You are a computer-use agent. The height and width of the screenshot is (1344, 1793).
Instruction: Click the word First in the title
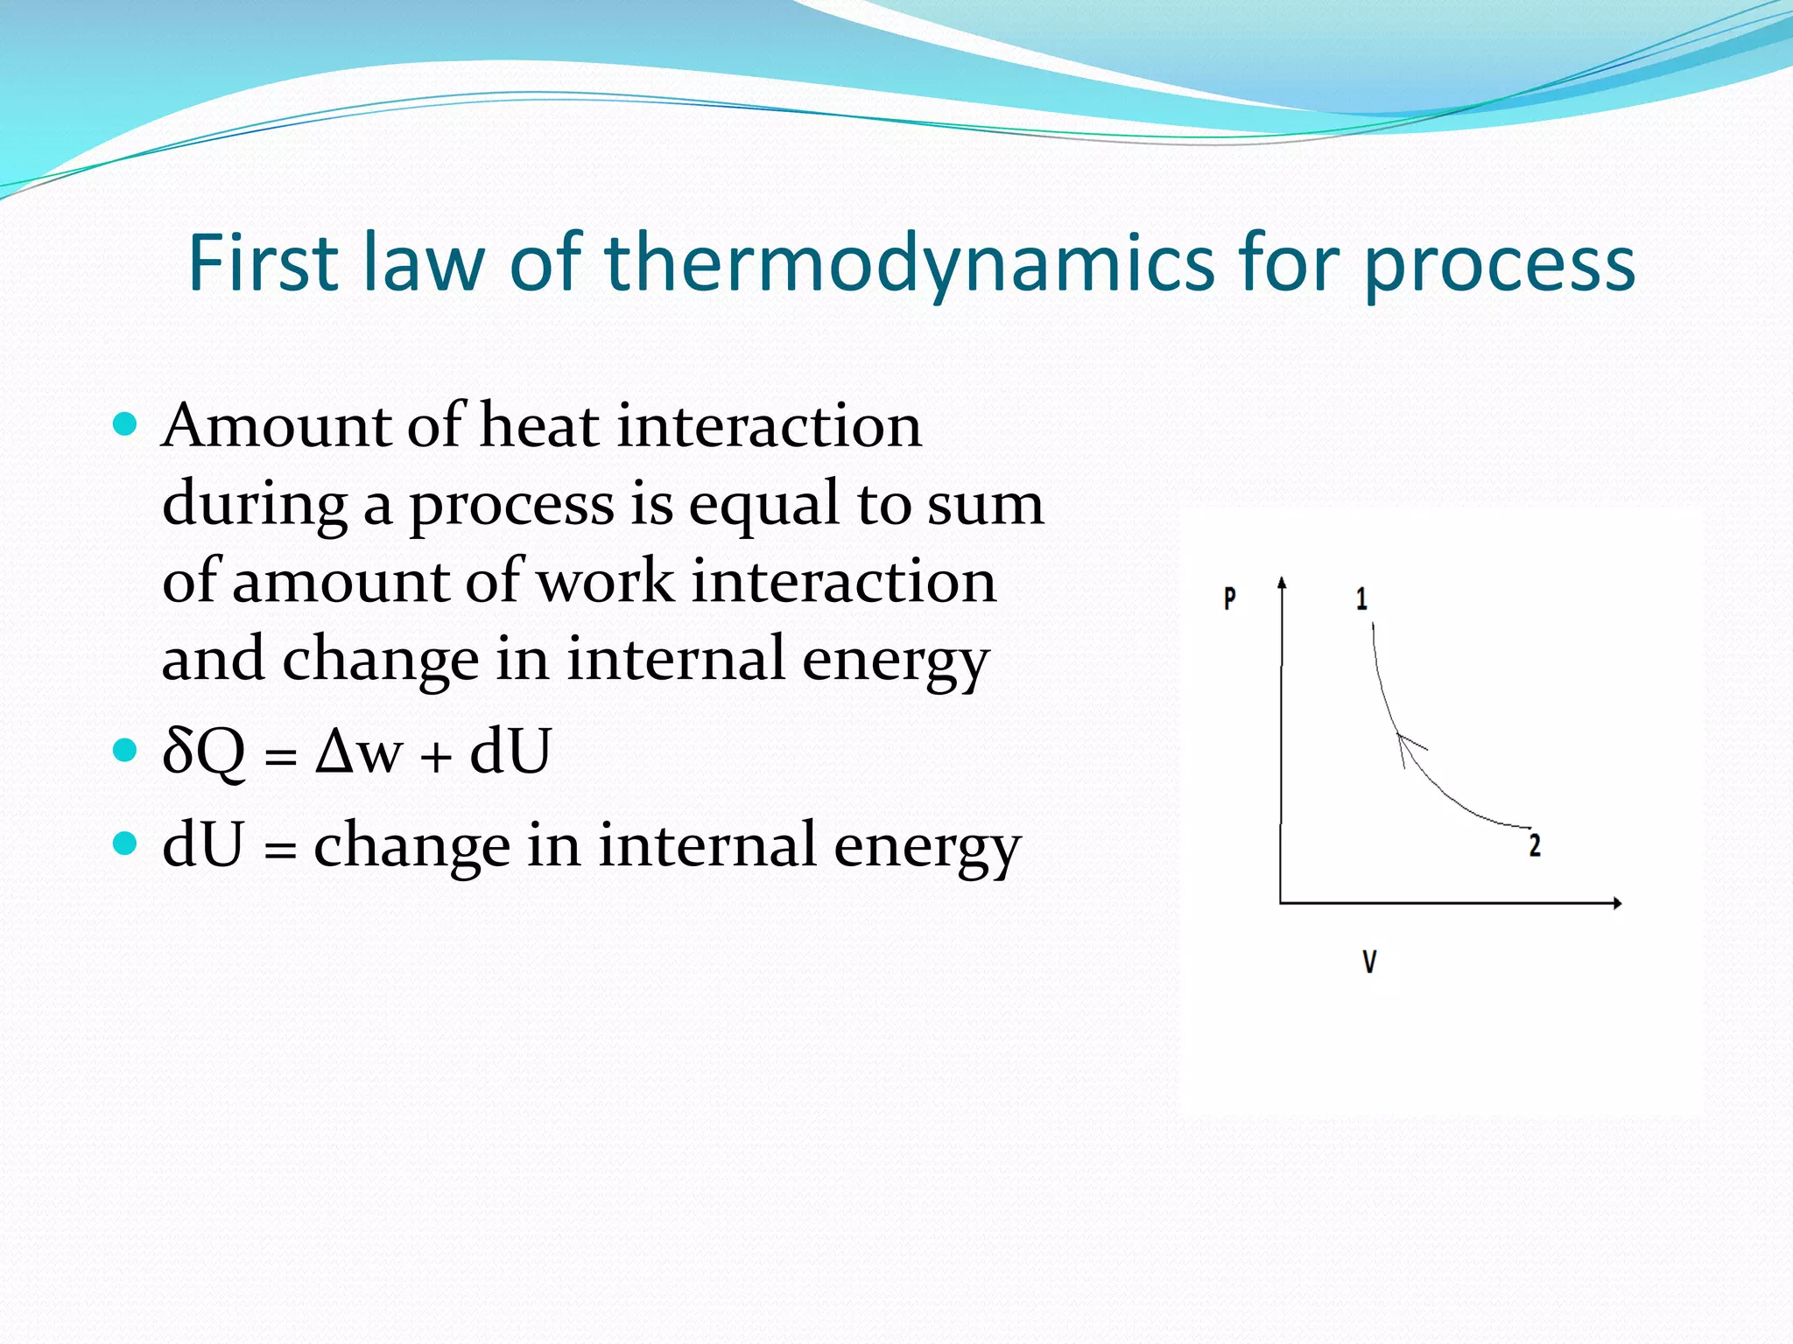(263, 262)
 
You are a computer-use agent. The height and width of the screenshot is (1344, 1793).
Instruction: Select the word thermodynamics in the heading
(911, 262)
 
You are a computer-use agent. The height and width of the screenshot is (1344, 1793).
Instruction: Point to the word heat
(540, 426)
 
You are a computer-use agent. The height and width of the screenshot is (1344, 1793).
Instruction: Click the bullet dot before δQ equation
(126, 750)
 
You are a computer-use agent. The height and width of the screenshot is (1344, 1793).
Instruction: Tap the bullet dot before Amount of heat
(126, 424)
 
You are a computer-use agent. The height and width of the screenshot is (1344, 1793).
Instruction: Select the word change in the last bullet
(411, 847)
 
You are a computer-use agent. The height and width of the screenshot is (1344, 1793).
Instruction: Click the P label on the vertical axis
(1229, 598)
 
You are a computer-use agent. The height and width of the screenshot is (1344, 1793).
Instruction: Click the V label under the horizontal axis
(1369, 962)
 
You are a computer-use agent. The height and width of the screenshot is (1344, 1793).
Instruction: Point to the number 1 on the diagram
(1361, 598)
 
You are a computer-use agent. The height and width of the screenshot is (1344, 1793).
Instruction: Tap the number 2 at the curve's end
(1535, 845)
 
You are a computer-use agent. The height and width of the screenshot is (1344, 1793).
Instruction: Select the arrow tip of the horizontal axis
(1618, 903)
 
